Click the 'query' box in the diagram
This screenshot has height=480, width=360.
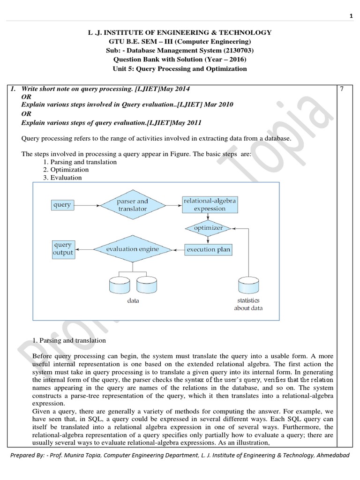[x=62, y=205]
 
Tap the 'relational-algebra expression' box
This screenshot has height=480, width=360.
[x=210, y=205]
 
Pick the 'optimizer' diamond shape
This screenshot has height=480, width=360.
[x=208, y=228]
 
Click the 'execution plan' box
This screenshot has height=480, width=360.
[x=208, y=249]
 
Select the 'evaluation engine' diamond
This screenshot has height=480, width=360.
[x=132, y=249]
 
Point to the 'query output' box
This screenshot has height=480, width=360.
[x=62, y=249]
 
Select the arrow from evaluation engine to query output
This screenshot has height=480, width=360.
[x=85, y=249]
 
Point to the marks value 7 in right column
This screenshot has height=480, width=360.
[x=342, y=89]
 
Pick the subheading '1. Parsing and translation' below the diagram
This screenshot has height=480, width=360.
[x=69, y=340]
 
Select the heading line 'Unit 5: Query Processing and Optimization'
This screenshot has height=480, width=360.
[x=180, y=68]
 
